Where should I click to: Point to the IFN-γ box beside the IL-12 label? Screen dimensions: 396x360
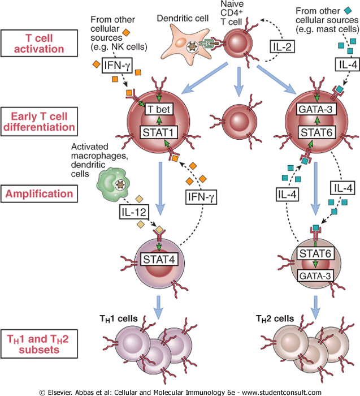pos(201,197)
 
